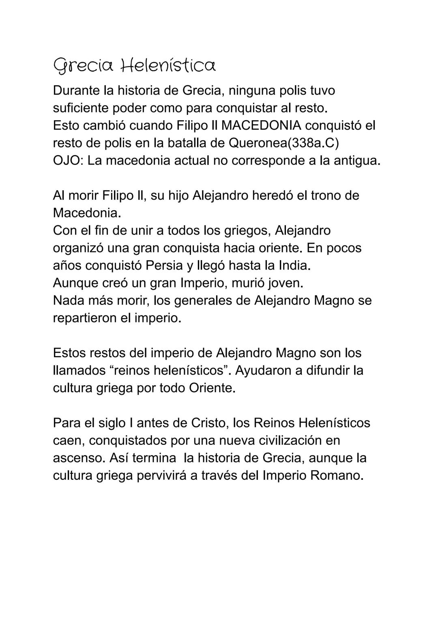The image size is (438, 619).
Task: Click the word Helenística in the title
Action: point(169,65)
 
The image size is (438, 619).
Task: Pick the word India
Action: point(294,265)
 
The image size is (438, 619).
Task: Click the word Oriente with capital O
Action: point(211,388)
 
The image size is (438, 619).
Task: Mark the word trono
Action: point(327,195)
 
